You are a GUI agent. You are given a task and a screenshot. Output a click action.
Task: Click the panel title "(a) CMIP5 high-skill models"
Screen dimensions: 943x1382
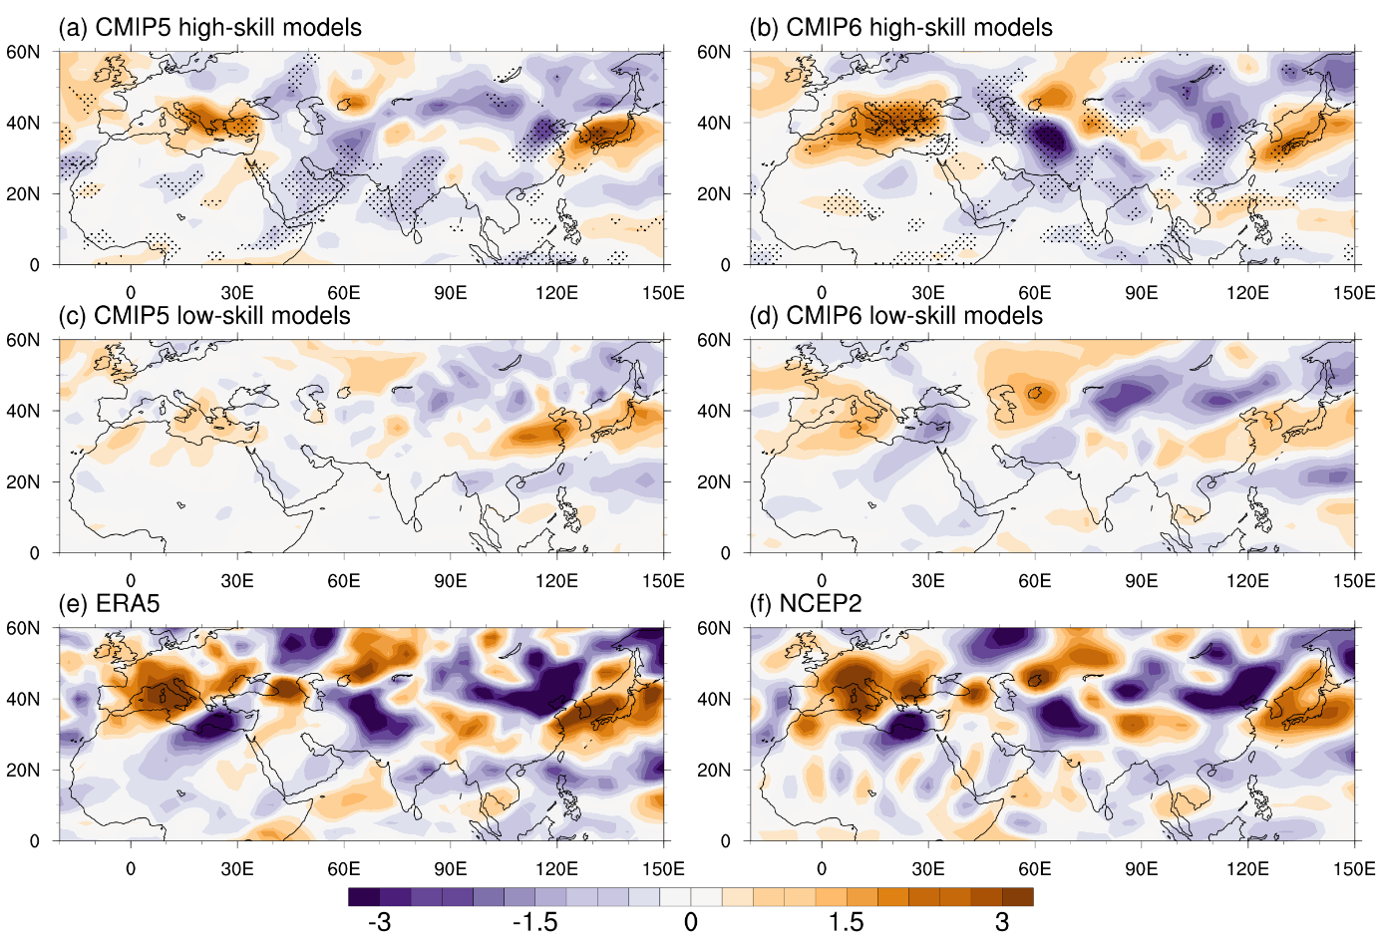tap(209, 27)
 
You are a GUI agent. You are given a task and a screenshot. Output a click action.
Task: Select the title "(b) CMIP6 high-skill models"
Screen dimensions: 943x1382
tap(900, 27)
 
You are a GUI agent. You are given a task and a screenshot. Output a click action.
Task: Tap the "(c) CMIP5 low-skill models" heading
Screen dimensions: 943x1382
tap(204, 316)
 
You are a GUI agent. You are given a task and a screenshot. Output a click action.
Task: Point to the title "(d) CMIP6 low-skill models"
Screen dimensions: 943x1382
tap(895, 316)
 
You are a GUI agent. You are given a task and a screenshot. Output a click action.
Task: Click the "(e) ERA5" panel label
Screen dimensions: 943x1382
tap(109, 604)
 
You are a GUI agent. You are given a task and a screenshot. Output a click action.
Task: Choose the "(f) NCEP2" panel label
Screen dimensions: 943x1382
tap(806, 604)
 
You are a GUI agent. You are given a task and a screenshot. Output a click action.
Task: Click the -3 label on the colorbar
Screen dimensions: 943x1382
tap(379, 922)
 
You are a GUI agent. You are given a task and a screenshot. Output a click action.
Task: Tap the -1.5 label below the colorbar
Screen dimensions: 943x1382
tap(534, 922)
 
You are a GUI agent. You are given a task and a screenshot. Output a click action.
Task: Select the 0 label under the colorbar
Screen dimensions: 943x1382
tap(690, 922)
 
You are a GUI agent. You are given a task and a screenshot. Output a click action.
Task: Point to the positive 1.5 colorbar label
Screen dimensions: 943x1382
tap(846, 922)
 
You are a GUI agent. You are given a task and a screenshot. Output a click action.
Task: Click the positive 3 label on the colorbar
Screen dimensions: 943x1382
tap(1002, 922)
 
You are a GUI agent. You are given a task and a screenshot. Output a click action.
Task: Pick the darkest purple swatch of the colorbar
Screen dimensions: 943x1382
tap(364, 897)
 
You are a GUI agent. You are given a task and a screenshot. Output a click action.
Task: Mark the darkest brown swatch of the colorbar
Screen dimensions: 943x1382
tap(1018, 897)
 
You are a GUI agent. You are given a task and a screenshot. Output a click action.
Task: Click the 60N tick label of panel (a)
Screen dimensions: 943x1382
tap(23, 52)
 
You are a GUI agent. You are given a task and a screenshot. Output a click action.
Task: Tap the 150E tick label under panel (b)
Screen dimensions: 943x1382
tap(1354, 293)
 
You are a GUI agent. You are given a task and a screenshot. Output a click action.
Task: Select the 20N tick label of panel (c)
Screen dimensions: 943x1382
tap(23, 481)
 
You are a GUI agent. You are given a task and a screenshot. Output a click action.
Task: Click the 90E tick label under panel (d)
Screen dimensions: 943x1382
tap(1141, 581)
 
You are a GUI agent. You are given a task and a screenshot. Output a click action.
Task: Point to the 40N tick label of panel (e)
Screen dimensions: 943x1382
tap(23, 699)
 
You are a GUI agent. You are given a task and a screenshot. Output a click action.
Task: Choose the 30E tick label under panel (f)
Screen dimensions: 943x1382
tap(927, 869)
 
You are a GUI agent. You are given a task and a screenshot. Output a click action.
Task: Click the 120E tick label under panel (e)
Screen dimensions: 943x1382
tap(556, 869)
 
